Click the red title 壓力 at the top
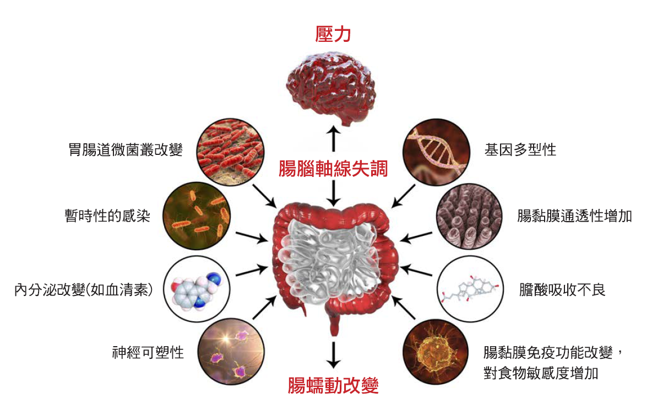coord(333,34)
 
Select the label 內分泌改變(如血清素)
coord(84,290)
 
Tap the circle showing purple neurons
coord(230,353)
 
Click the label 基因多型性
coord(520,150)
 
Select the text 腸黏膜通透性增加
coord(574,216)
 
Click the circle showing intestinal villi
coord(469,216)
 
